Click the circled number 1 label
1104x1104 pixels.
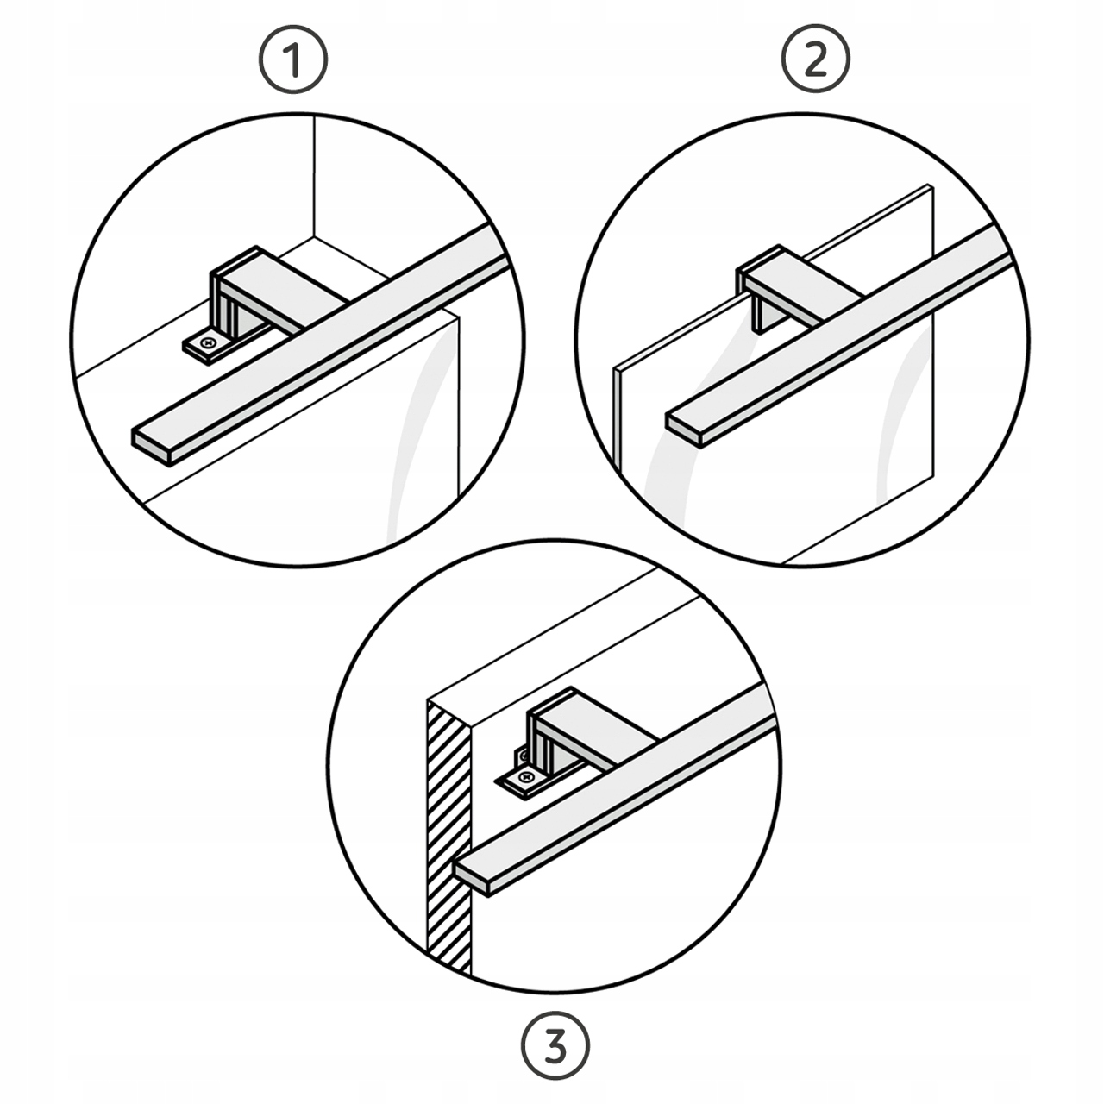(x=294, y=60)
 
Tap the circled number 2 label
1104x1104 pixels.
(x=817, y=60)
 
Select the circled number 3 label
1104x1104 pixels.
(x=555, y=1048)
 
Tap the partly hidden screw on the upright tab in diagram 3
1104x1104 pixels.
(x=522, y=757)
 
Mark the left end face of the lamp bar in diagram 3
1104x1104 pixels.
(x=472, y=886)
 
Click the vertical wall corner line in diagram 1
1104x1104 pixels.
(x=315, y=175)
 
